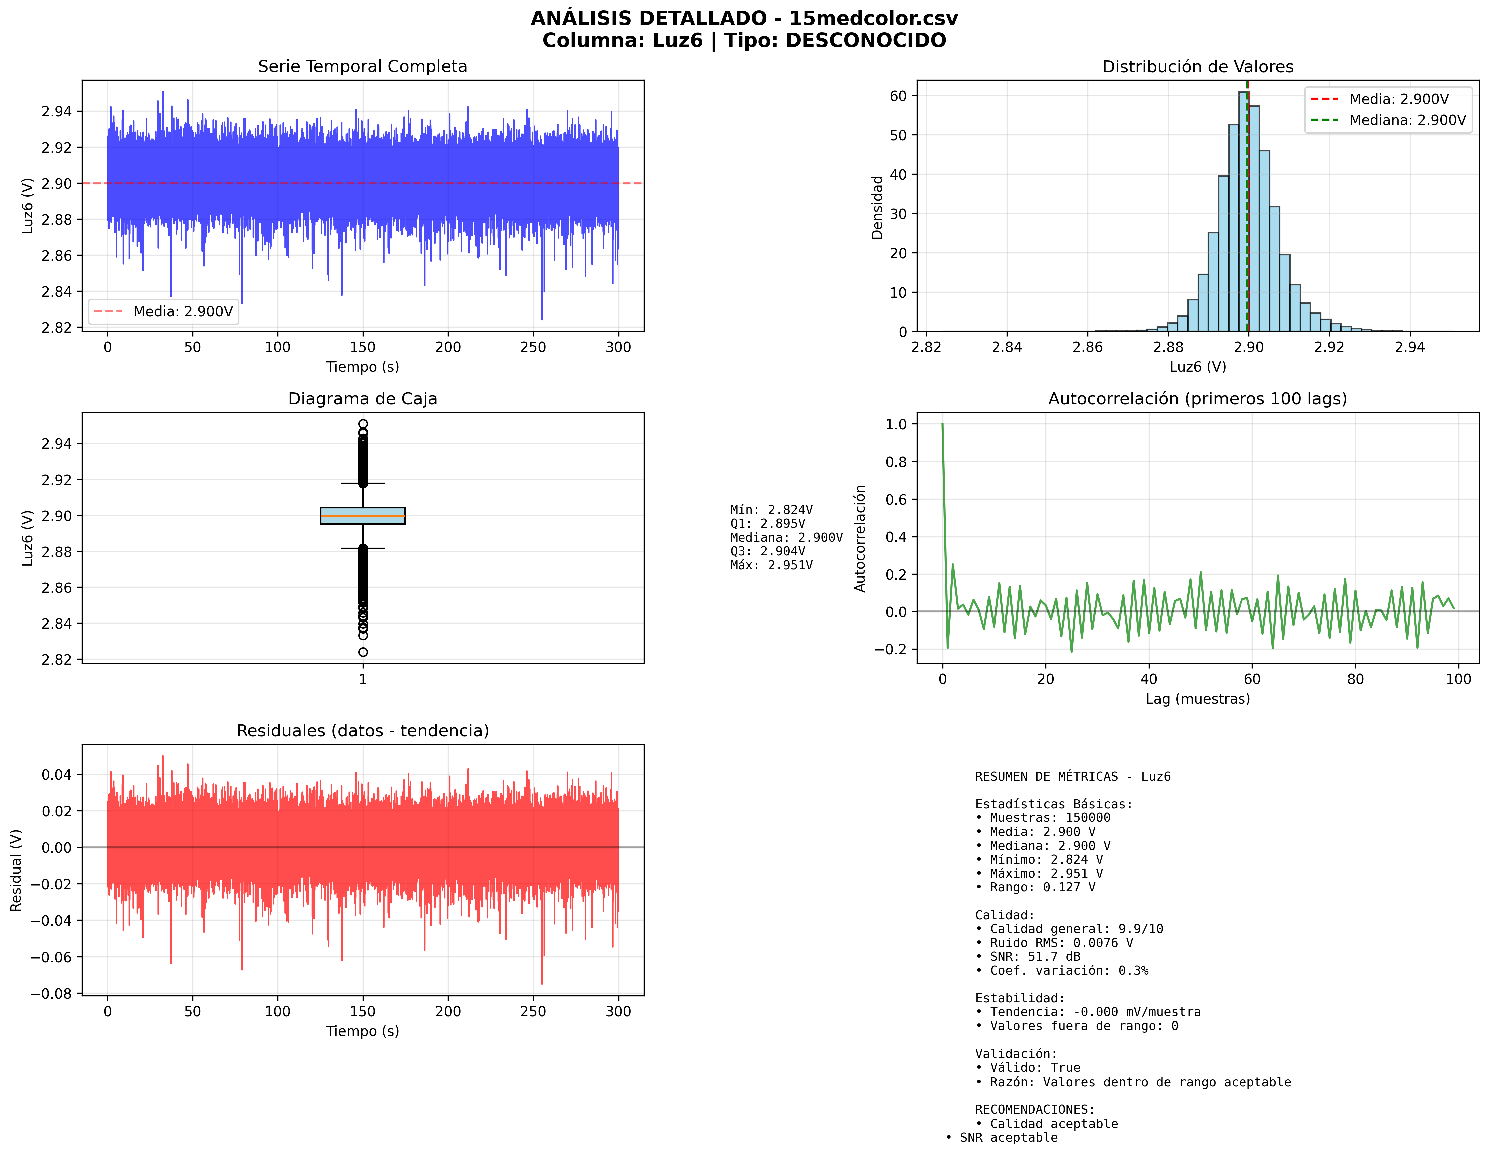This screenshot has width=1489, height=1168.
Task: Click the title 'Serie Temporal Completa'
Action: tap(362, 66)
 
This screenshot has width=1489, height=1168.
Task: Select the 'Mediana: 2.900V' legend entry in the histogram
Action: tap(1407, 120)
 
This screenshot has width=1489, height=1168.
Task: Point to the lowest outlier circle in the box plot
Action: tap(363, 652)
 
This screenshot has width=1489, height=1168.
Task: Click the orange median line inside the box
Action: tap(363, 516)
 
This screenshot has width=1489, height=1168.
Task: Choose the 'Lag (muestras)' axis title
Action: tap(1197, 699)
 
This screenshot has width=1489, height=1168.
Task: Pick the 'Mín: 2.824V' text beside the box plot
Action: tap(771, 510)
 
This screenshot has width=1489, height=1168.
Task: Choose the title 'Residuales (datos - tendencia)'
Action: tap(362, 731)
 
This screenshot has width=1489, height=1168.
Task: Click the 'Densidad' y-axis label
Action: tap(877, 207)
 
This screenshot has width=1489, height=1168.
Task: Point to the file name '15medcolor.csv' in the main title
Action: tap(873, 18)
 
